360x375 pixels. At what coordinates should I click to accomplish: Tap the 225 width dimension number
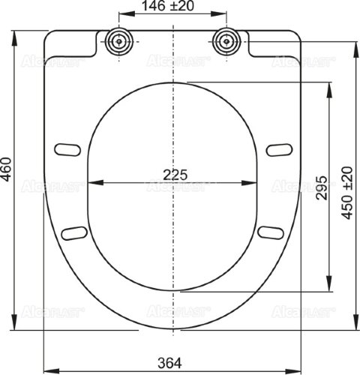click(174, 173)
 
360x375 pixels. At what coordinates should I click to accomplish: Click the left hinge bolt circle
click(118, 41)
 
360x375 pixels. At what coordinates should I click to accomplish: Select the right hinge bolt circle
click(228, 41)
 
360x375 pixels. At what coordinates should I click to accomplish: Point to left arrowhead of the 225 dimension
click(92, 182)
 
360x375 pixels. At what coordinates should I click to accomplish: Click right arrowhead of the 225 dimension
click(256, 182)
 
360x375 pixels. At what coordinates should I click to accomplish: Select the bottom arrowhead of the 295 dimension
click(328, 288)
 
